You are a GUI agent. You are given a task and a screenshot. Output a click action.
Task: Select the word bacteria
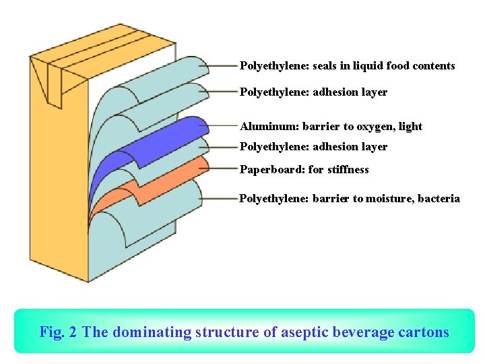pos(439,199)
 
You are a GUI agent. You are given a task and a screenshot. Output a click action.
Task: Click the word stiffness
pos(348,170)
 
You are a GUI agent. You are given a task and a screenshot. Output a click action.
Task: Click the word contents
pos(432,66)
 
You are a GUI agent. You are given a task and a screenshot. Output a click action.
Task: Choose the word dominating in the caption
pos(152,332)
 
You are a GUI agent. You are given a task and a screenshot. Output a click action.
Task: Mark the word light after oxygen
pos(410,127)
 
